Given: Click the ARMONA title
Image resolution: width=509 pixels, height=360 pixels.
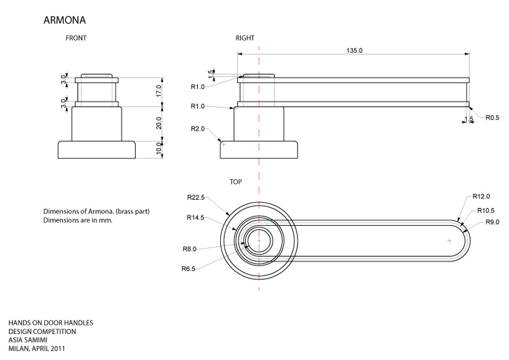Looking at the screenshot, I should [x=64, y=21].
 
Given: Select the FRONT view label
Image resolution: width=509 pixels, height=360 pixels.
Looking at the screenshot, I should [x=76, y=38].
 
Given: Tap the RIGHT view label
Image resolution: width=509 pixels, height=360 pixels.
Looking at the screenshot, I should [x=245, y=38].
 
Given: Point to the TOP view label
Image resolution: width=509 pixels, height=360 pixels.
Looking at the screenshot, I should [x=236, y=182].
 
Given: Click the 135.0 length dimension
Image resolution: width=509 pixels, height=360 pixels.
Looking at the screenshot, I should [x=354, y=50].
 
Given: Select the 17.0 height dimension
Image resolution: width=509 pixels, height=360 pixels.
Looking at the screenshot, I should [x=159, y=91].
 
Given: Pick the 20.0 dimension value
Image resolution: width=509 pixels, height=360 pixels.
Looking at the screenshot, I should [x=159, y=123].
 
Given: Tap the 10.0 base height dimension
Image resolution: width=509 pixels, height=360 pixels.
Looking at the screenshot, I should [x=159, y=149].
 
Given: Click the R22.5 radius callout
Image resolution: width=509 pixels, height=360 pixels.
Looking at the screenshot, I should [x=196, y=197].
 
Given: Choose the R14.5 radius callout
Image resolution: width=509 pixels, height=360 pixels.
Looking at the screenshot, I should [x=196, y=218].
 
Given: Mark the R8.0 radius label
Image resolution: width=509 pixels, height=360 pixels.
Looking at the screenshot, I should [x=189, y=249].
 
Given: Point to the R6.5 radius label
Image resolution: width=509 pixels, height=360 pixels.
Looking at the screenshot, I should [x=189, y=269].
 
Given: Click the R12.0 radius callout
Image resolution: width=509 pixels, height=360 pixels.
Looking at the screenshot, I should [x=481, y=196].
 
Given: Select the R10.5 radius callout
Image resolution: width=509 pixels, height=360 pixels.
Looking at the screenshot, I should [x=487, y=211].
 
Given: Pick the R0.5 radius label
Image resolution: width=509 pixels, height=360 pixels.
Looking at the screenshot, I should [x=493, y=118].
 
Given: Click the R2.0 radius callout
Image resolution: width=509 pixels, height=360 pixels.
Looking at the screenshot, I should [x=198, y=128].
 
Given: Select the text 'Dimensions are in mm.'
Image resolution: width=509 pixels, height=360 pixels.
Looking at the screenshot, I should [x=78, y=220].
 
